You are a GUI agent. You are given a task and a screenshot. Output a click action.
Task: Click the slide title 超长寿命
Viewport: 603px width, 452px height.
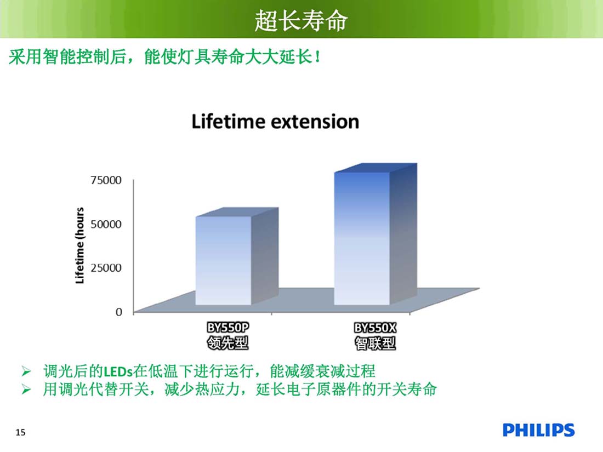[x=301, y=20]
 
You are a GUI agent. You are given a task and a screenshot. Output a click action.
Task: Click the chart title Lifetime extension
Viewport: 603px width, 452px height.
[x=275, y=122]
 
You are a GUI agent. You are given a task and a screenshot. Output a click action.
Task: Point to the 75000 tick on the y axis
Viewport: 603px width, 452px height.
[x=106, y=180]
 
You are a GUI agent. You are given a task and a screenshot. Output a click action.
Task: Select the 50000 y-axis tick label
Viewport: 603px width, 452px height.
[x=106, y=224]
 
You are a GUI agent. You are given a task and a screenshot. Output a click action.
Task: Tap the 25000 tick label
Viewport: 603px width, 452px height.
[x=106, y=267]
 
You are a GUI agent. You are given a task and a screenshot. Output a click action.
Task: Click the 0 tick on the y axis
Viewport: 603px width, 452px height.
[x=119, y=312]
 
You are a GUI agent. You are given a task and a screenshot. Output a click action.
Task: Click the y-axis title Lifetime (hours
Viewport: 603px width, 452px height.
[x=79, y=245]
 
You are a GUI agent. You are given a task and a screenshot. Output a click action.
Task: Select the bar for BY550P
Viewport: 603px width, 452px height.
[x=236, y=256]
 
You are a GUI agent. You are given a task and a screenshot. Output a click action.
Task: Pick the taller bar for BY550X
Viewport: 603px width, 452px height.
[x=376, y=234]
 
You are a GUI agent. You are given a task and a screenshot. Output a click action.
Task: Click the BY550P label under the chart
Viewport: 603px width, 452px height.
[x=227, y=328]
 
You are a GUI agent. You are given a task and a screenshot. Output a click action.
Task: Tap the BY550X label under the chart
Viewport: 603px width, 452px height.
[x=375, y=328]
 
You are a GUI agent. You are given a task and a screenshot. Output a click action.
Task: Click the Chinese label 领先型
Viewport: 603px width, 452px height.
[x=227, y=343]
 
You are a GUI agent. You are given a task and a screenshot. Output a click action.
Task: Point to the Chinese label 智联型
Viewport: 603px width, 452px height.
[x=375, y=343]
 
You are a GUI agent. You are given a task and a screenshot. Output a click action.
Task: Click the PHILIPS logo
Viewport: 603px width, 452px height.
[x=538, y=430]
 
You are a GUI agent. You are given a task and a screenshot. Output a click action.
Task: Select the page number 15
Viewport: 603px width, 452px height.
[x=20, y=432]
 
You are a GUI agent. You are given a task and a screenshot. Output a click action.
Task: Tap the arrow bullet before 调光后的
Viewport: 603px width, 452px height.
[x=26, y=371]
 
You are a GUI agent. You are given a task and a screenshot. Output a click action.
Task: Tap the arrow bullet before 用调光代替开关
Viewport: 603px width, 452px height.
[x=26, y=390]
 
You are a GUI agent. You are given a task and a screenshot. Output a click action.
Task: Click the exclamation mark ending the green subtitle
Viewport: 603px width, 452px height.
[x=317, y=58]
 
